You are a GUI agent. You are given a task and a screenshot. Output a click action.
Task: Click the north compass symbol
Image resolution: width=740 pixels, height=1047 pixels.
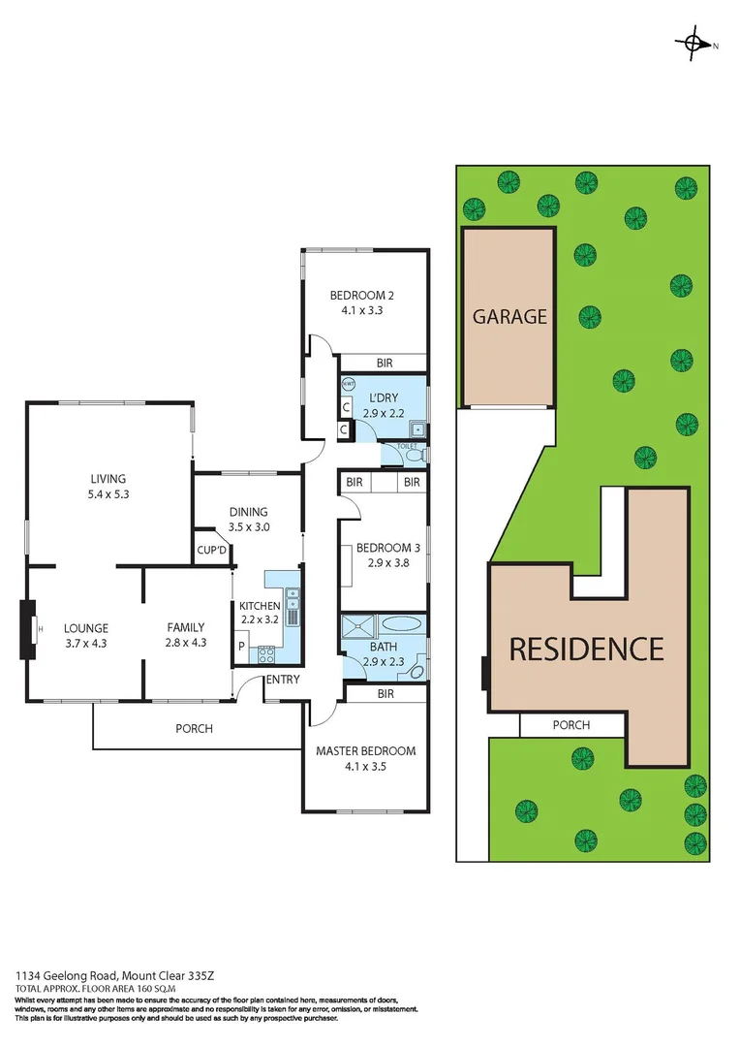click(694, 43)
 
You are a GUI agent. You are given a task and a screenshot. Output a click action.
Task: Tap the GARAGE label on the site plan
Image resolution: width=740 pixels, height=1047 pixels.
click(509, 316)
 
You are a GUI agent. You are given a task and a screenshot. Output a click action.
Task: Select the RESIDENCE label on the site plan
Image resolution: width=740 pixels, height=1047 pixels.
click(587, 649)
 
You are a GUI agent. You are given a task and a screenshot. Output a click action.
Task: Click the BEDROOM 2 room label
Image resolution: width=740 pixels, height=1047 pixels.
click(361, 296)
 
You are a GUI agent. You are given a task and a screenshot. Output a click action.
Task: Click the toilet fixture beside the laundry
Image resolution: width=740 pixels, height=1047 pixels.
click(415, 454)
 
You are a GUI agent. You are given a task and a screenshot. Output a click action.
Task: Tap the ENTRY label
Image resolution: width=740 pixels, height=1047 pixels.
click(283, 680)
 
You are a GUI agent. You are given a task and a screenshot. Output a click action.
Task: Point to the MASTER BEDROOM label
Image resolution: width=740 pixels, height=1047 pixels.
click(365, 751)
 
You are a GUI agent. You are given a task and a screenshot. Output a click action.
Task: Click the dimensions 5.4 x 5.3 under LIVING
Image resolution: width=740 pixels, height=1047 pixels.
click(108, 493)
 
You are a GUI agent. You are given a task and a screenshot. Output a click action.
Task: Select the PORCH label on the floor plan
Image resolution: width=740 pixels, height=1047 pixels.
click(194, 728)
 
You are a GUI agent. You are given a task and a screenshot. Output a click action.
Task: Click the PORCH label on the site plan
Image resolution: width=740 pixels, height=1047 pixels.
click(570, 725)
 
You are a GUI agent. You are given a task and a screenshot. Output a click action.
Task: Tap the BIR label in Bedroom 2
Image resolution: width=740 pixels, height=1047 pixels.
click(385, 363)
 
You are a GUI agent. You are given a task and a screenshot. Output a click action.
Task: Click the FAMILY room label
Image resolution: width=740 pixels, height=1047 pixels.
click(186, 627)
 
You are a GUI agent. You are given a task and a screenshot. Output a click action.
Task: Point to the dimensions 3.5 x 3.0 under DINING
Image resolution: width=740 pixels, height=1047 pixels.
click(249, 527)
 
